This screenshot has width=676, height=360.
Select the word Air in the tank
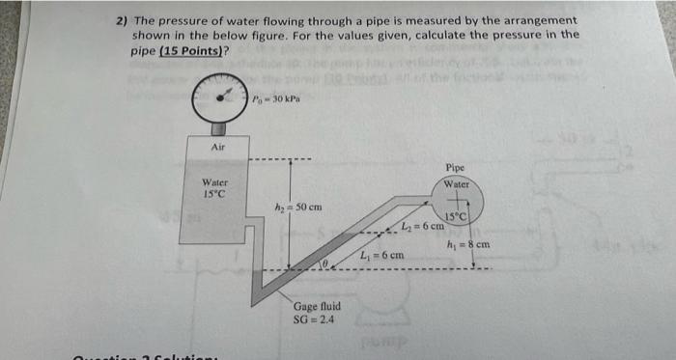tap(218, 148)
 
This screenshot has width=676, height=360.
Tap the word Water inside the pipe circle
tap(457, 183)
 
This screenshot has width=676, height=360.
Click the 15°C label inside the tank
tap(213, 194)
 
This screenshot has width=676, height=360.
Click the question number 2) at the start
tap(121, 20)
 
